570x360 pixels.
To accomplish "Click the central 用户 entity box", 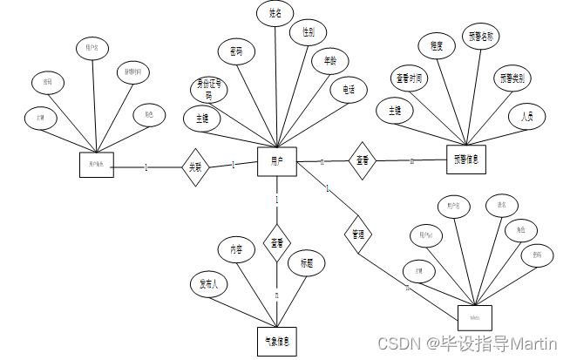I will [277, 162].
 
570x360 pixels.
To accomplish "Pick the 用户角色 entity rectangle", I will [96, 165].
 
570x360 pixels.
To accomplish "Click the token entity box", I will [475, 317].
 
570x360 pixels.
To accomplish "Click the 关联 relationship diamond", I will [195, 166].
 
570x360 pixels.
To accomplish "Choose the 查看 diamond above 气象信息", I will [276, 243].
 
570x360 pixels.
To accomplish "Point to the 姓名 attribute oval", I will [277, 15].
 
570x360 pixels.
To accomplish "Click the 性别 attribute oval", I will [309, 33].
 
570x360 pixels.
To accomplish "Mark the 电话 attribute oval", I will [349, 89].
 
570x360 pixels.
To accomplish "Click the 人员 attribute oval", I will [526, 116].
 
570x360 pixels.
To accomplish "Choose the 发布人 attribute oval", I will [209, 283].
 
